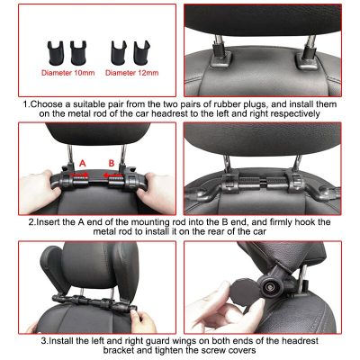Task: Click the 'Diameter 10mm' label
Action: pos(68,73)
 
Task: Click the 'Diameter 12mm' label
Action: pos(132,73)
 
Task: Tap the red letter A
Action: pos(83,164)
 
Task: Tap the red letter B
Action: pos(112,163)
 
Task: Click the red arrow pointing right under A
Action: pos(79,175)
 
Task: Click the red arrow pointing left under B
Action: pos(112,175)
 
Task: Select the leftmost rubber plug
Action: pos(56,53)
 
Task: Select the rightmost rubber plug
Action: pos(142,53)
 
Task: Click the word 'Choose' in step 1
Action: pos(46,104)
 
